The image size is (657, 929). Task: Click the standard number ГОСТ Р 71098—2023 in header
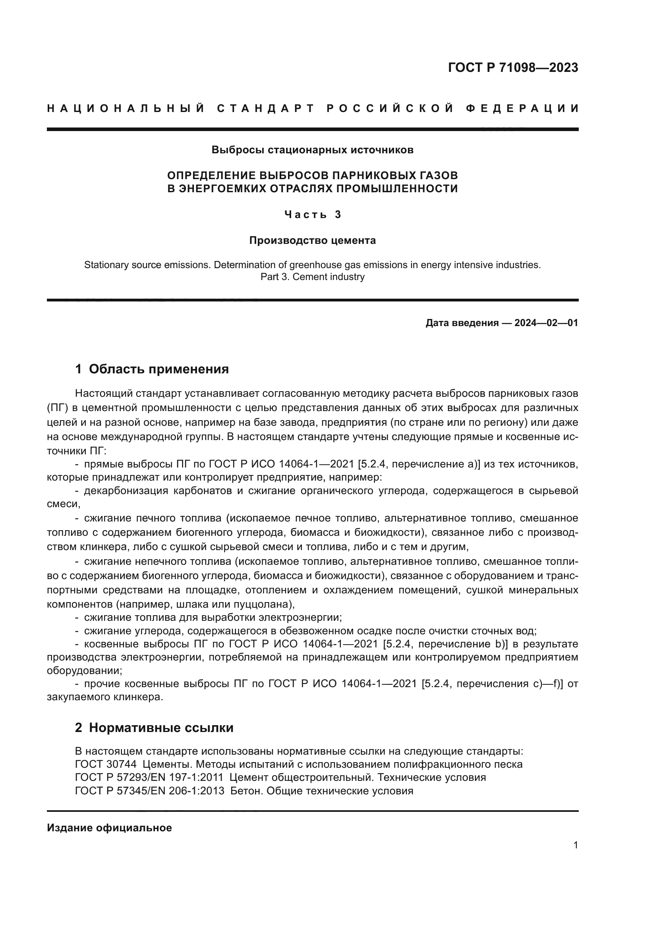click(512, 68)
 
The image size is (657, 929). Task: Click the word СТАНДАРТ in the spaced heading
click(266, 108)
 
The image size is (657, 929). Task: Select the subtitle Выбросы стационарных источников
click(312, 150)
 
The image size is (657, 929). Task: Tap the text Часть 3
click(312, 214)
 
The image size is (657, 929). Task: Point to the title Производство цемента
click(312, 240)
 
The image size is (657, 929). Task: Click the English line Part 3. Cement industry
click(312, 277)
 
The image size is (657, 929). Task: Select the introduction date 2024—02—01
click(546, 323)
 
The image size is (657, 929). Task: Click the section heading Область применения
click(158, 369)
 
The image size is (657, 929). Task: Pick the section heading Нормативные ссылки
click(161, 728)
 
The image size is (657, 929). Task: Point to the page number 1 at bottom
click(575, 845)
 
